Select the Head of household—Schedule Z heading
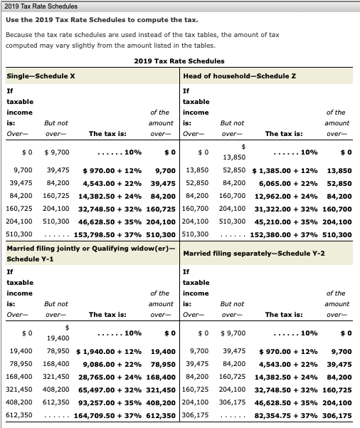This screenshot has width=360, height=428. (x=231, y=76)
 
